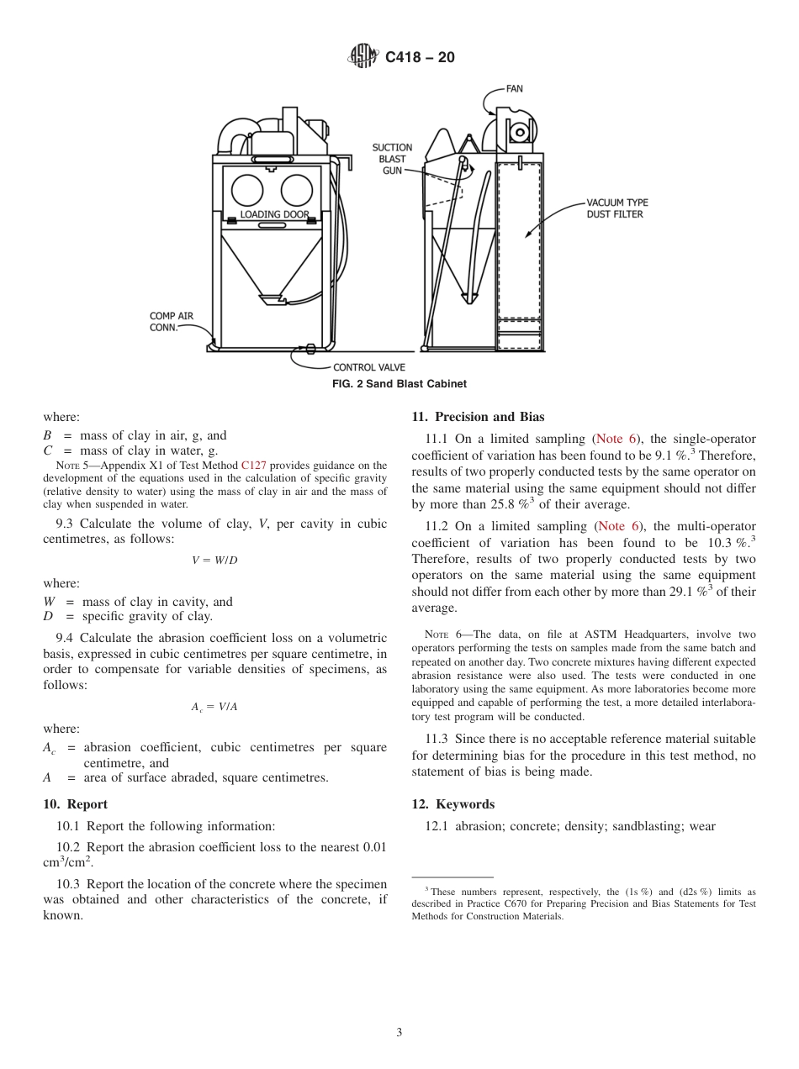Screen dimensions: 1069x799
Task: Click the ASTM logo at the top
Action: [x=364, y=57]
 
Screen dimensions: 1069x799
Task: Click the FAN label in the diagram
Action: [x=514, y=87]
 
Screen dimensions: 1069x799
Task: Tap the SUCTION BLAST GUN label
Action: [x=392, y=159]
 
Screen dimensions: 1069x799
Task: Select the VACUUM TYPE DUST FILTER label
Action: [x=616, y=208]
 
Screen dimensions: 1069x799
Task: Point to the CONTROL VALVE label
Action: [x=369, y=367]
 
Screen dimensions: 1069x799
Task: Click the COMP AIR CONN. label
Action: [x=171, y=322]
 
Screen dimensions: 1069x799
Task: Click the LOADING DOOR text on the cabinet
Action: [x=274, y=214]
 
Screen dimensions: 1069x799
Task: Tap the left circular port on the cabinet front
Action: [x=247, y=190]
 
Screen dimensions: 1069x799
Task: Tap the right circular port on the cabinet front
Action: [x=296, y=190]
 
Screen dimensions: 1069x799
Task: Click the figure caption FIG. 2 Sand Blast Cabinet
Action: [x=399, y=384]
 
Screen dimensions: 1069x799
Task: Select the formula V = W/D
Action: [x=214, y=561]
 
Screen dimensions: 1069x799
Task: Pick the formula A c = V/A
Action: [x=214, y=707]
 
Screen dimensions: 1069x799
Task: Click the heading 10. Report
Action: [x=76, y=804]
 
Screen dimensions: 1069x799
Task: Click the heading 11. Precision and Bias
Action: [x=478, y=417]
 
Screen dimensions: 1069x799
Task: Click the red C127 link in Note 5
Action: [x=253, y=465]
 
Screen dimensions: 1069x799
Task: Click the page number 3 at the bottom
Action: [x=399, y=1033]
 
